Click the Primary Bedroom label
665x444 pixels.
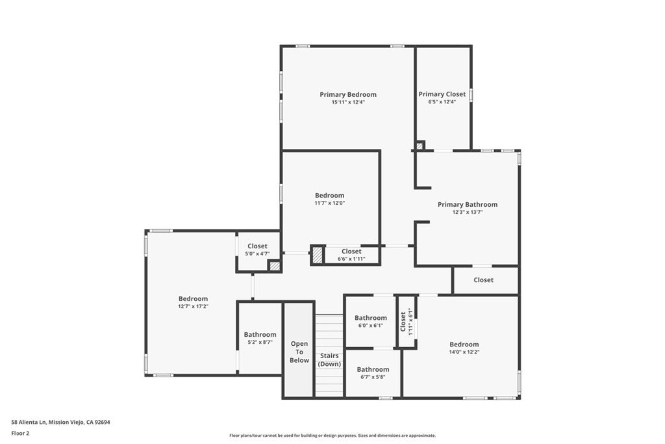point(347,94)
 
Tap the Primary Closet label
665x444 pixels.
point(442,94)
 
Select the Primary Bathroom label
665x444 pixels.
point(467,204)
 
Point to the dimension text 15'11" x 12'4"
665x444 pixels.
point(347,102)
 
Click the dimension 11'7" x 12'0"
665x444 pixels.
point(329,203)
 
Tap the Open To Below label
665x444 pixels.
point(299,352)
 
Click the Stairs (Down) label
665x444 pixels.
point(329,359)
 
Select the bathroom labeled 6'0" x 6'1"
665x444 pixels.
point(370,321)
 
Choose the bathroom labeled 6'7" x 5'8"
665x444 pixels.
point(373,372)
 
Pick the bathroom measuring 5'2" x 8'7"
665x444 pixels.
point(260,338)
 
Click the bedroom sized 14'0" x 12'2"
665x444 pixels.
point(464,348)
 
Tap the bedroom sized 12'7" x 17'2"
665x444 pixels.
point(193,302)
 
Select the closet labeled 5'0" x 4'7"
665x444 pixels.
point(257,250)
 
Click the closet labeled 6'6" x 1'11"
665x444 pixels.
point(351,255)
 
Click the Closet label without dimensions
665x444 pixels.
point(483,280)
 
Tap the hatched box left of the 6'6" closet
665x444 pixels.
point(317,255)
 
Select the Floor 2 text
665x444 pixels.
point(21,432)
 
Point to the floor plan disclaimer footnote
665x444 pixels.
point(332,436)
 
